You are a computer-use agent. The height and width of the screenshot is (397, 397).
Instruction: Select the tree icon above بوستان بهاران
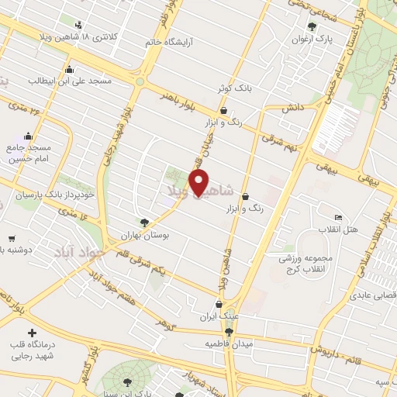143,222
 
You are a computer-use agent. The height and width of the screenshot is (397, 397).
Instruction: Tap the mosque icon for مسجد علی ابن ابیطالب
71,70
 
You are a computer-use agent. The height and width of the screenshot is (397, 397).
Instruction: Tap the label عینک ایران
219,316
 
